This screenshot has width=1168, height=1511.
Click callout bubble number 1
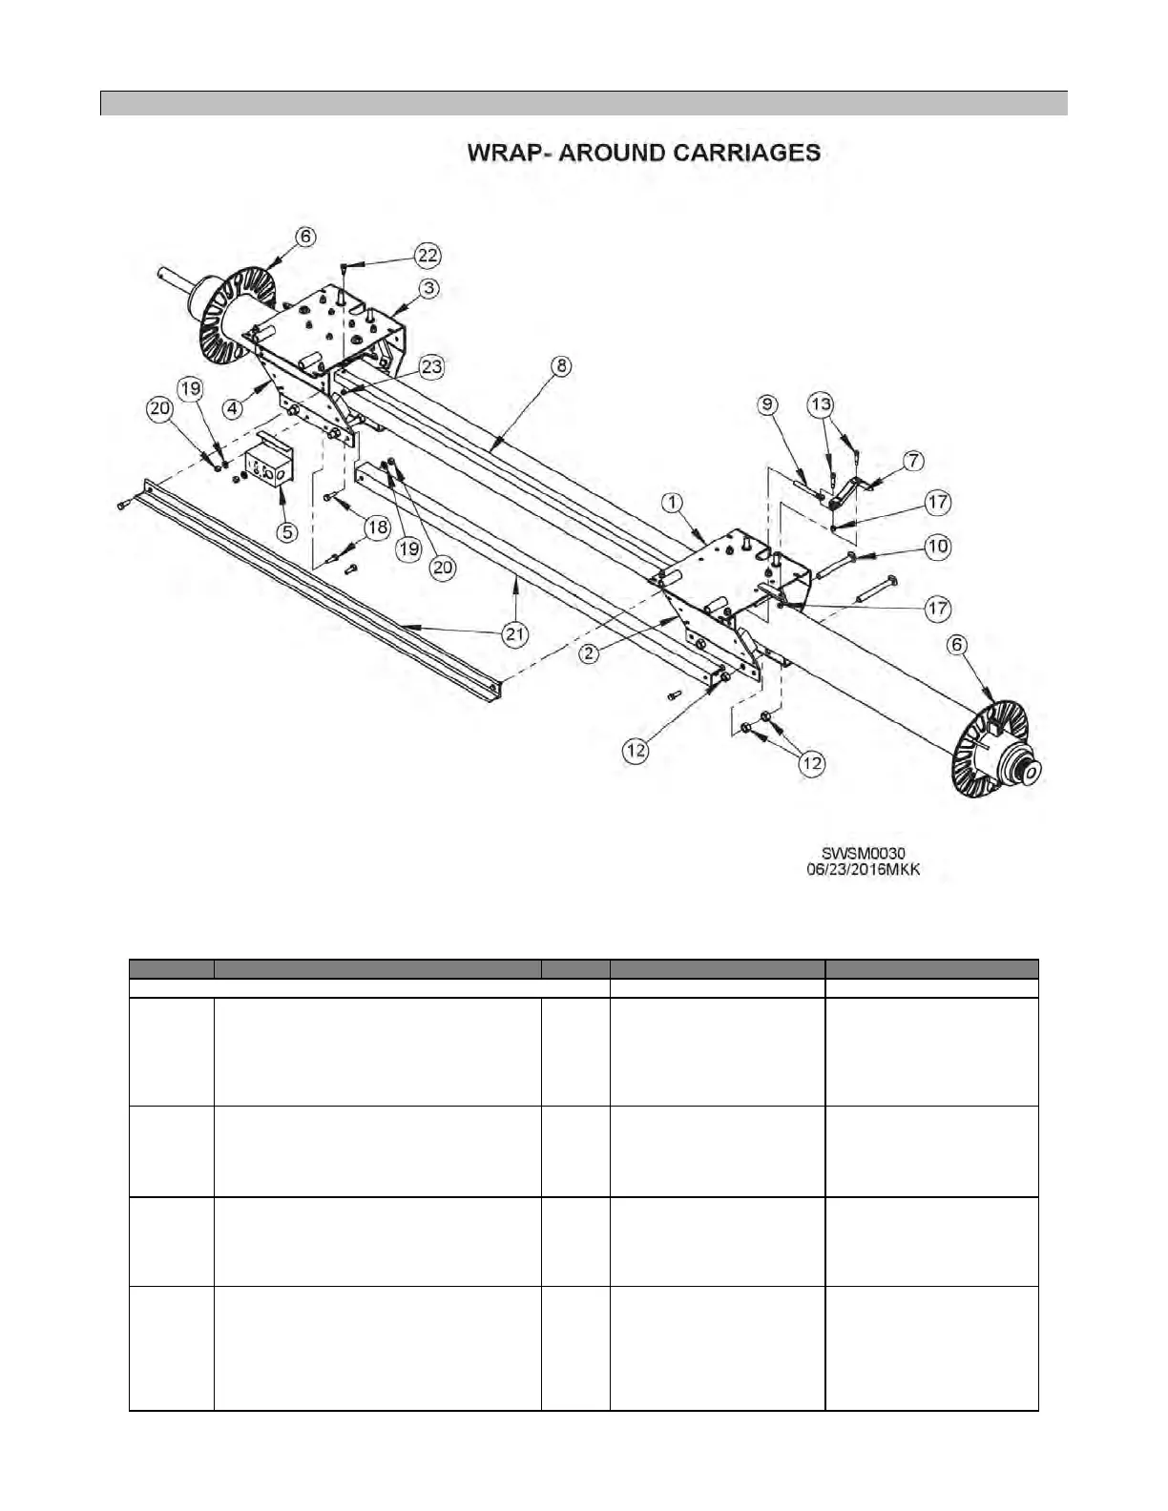pos(674,501)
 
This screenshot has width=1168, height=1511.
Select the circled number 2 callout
pos(591,653)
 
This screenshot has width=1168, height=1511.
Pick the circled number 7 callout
pos(913,462)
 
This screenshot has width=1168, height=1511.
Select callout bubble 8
pos(561,364)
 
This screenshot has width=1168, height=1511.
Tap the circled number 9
pos(767,404)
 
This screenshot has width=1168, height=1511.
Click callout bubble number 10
pos(938,546)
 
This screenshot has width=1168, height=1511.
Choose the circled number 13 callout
pos(820,404)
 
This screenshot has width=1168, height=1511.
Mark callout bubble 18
pos(378,528)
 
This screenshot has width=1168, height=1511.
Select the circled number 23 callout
pos(431,366)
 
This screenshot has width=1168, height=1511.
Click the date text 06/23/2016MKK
pos(863,869)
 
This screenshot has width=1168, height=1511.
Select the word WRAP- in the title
pos(508,153)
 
